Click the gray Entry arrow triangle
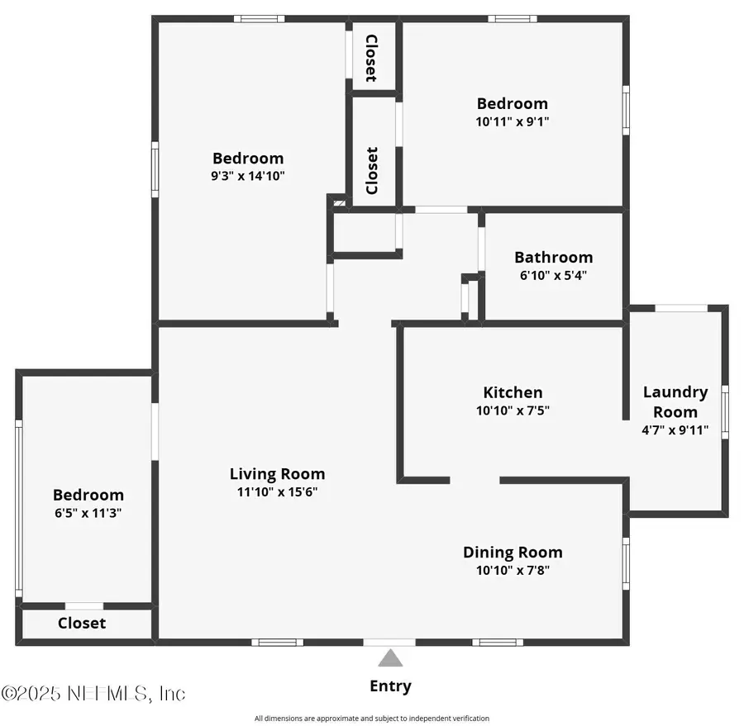tap(390, 658)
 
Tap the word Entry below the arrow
tap(390, 686)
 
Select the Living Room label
tap(277, 473)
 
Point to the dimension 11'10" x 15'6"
tap(277, 491)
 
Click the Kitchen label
tap(513, 392)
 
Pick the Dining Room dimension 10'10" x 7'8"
tap(513, 570)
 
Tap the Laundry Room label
tap(675, 402)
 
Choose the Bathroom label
tap(553, 257)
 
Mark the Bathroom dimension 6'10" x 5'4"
tap(553, 275)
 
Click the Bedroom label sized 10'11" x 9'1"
tap(512, 103)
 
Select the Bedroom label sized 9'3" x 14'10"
tap(248, 158)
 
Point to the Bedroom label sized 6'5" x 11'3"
tap(88, 495)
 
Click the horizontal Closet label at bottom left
tap(82, 623)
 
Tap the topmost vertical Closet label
tap(371, 58)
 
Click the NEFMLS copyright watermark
tap(93, 693)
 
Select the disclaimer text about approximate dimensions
tap(371, 719)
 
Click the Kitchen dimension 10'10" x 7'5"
tap(513, 410)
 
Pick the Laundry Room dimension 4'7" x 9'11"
tap(675, 429)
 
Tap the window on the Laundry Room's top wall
tap(681, 308)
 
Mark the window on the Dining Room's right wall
tap(626, 559)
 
